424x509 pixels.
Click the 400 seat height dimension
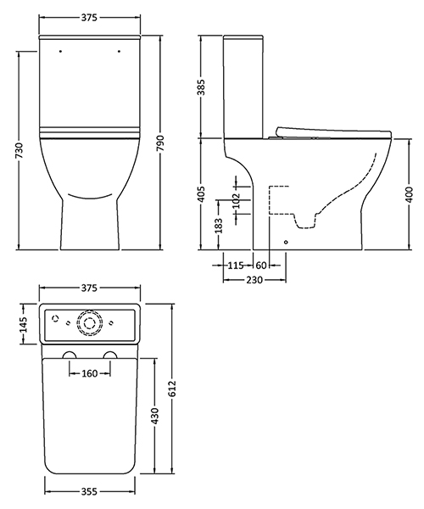410,196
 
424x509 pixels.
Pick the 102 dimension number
237,201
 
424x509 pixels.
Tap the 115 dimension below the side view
237,266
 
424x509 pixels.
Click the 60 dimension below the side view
262,266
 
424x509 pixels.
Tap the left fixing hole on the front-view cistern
60,52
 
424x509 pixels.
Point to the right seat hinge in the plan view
109,354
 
